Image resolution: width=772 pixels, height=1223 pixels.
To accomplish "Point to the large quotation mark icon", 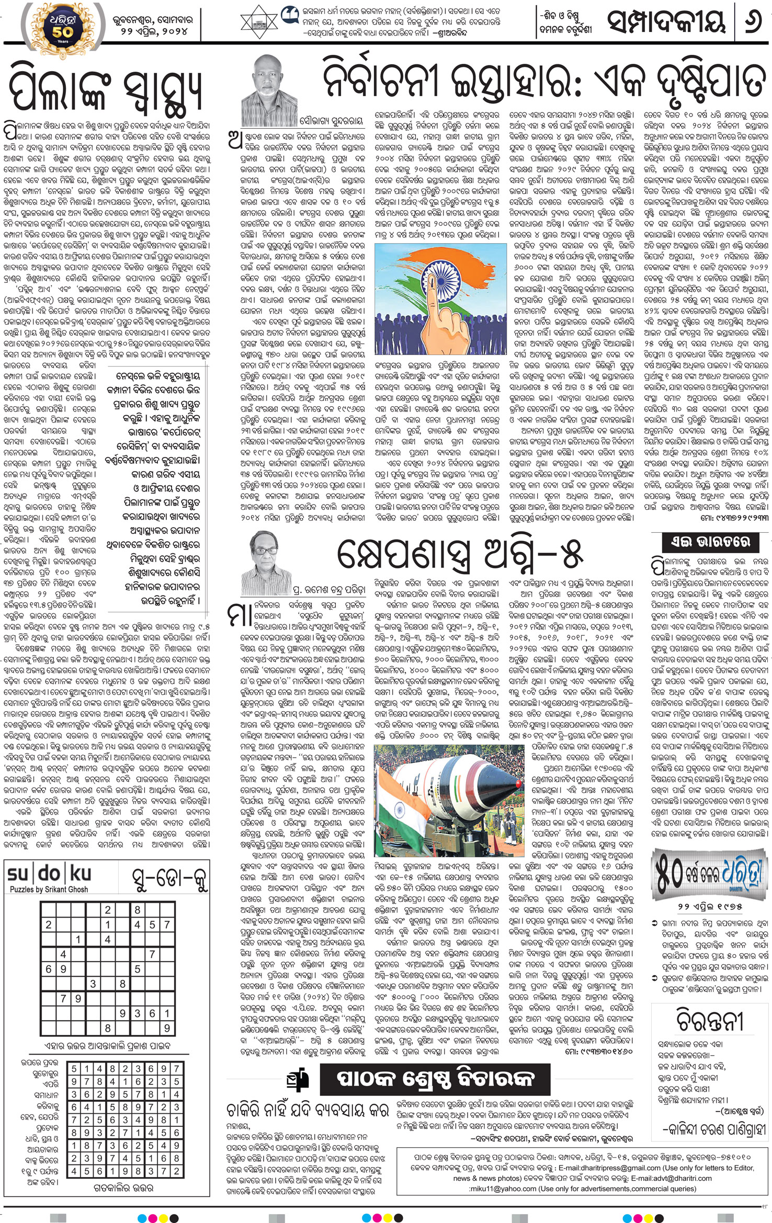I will [288, 15].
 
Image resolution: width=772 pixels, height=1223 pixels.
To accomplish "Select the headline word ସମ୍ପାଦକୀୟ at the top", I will [667, 22].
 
